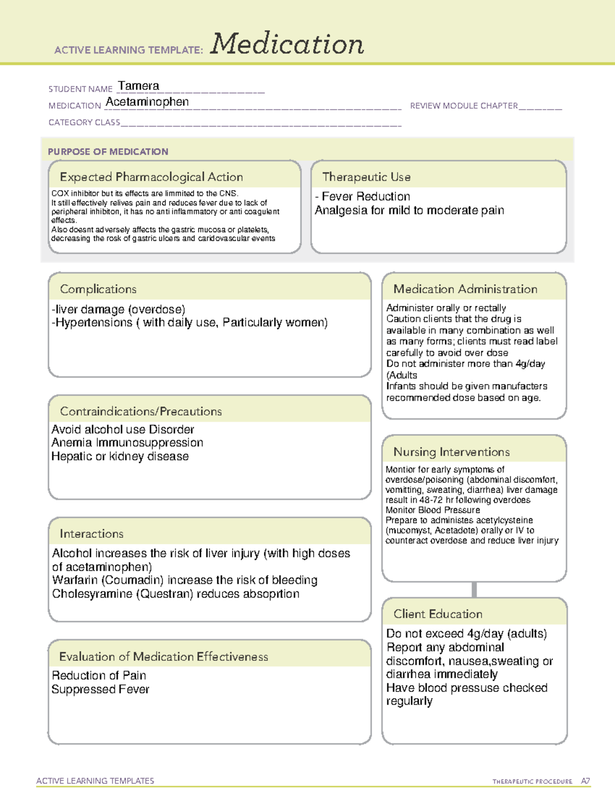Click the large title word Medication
(287, 44)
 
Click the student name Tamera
(138, 86)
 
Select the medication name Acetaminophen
(147, 102)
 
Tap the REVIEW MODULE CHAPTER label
(464, 106)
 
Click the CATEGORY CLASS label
(84, 123)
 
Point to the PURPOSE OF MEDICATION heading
(108, 152)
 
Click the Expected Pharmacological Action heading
(151, 177)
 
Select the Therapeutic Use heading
(366, 177)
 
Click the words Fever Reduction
(366, 196)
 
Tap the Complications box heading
(98, 289)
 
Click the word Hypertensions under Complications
(94, 322)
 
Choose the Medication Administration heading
(465, 289)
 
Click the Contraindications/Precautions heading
(141, 412)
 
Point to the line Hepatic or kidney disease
(120, 456)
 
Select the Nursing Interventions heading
(451, 452)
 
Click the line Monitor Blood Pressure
(433, 510)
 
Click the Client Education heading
(438, 614)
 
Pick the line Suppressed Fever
(100, 689)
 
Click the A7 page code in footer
(585, 781)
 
